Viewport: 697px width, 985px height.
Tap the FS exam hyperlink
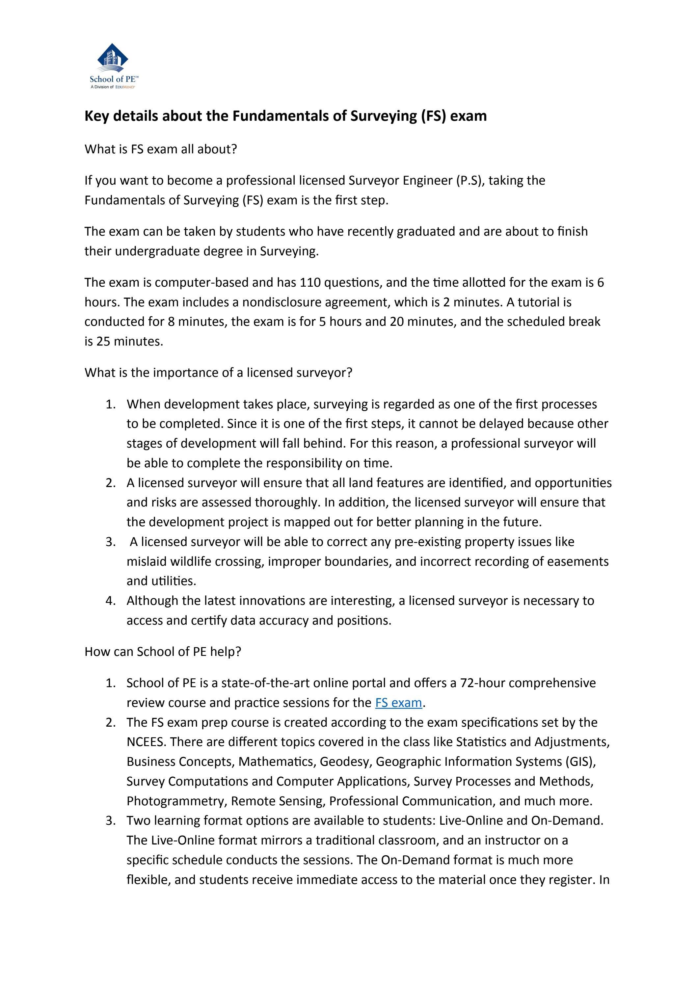[x=398, y=702]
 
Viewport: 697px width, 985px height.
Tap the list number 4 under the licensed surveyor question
[x=110, y=601]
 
